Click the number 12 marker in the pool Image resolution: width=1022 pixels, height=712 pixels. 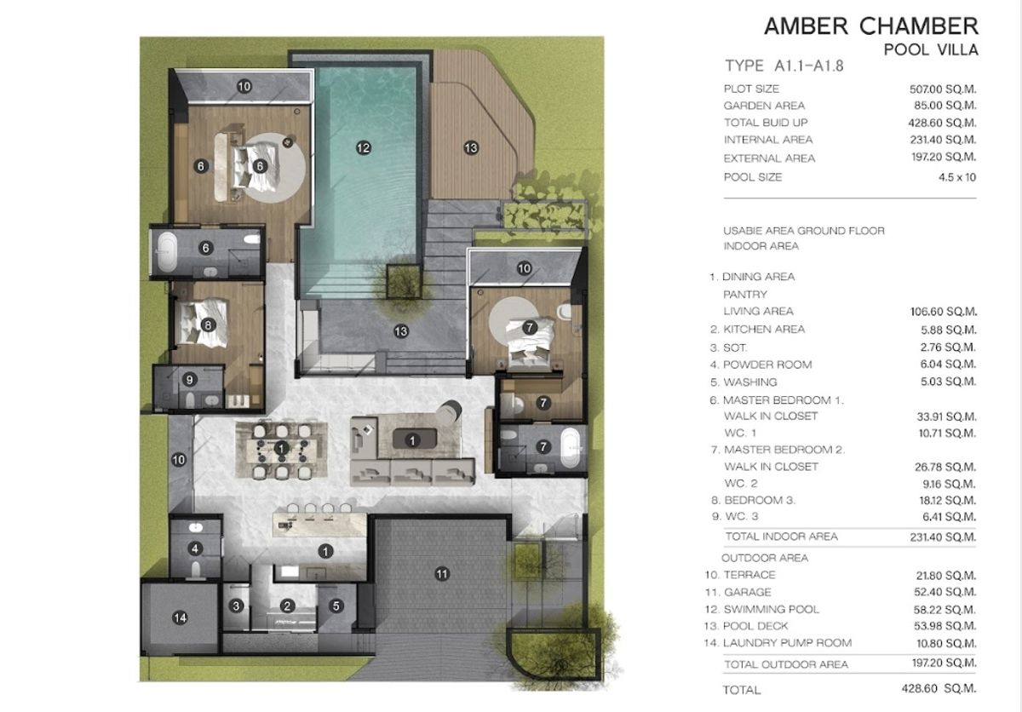[x=364, y=148]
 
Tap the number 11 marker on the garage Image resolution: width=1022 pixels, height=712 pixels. [x=442, y=574]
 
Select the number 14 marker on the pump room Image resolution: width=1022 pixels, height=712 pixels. [x=181, y=618]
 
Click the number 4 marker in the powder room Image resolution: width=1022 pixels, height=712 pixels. [x=195, y=548]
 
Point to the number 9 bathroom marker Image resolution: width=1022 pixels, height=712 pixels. [x=189, y=380]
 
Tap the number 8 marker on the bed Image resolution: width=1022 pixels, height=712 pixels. [x=208, y=325]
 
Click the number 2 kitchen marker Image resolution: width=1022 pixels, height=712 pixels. [x=288, y=606]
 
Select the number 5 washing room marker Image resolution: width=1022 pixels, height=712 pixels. [x=336, y=606]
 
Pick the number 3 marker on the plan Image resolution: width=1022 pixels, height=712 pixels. [x=236, y=606]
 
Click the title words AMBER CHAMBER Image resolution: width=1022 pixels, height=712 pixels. [x=871, y=26]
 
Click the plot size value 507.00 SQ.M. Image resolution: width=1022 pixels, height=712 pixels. [x=943, y=89]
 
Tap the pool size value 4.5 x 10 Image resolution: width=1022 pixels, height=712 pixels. [x=957, y=177]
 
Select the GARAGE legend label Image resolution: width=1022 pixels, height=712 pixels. [x=748, y=592]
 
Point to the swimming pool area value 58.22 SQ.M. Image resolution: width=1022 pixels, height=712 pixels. [x=944, y=610]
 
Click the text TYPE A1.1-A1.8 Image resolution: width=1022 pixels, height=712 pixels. [x=784, y=66]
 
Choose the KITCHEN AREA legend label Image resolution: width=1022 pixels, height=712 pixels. [x=764, y=330]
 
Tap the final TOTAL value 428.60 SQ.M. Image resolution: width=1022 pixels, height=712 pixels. [x=939, y=688]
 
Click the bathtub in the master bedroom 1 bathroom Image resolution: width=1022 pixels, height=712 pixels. [x=166, y=252]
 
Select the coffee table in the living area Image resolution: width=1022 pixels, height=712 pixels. [x=414, y=439]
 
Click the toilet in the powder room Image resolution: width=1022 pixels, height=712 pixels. [x=195, y=569]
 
